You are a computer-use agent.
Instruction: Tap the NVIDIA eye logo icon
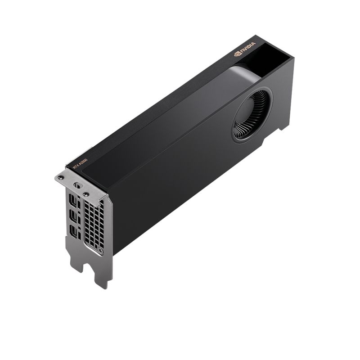[238, 54]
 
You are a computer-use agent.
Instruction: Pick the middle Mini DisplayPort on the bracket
[73, 216]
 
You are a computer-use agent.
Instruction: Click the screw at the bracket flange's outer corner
[61, 178]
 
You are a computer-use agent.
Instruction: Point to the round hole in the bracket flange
[76, 185]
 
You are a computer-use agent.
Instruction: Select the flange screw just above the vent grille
[85, 194]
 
